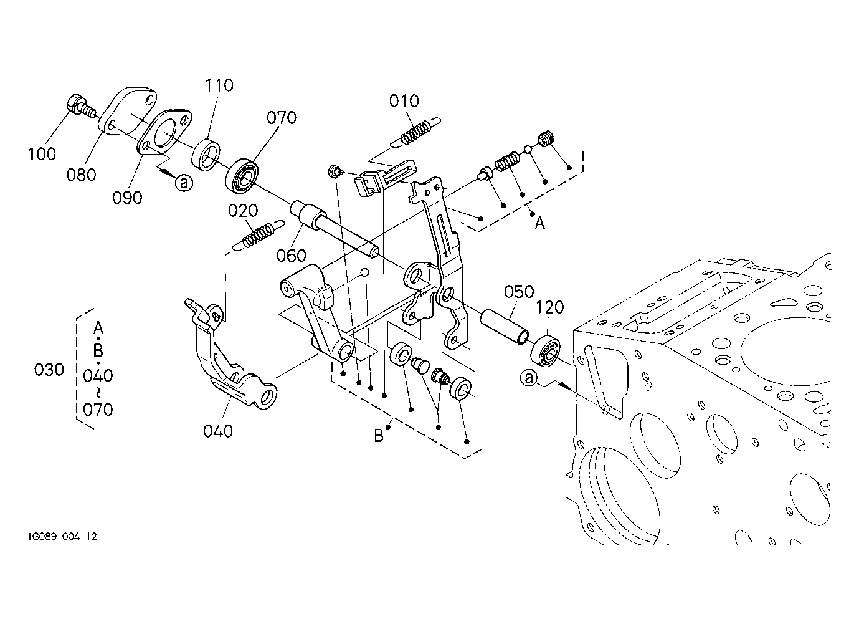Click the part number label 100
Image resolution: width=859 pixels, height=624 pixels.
[x=42, y=154]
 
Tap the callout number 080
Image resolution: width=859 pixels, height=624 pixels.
[x=81, y=175]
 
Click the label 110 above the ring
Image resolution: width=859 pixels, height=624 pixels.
[x=219, y=85]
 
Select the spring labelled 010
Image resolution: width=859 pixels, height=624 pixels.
[x=415, y=132]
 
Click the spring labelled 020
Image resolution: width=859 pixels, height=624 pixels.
[x=260, y=236]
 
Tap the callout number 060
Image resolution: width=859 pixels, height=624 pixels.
[x=292, y=256]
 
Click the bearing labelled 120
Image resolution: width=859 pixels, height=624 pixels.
[x=545, y=351]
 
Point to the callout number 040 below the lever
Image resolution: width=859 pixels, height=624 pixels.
[x=218, y=431]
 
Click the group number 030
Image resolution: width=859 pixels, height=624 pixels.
[x=49, y=370]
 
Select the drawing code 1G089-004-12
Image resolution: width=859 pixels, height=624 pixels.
[x=62, y=537]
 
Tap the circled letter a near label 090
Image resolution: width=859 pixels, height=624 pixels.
[x=184, y=183]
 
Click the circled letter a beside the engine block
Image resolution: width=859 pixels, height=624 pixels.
[x=529, y=378]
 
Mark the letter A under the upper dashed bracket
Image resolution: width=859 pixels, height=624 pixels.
[x=540, y=223]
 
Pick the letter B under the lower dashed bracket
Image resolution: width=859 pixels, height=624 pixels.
[x=379, y=436]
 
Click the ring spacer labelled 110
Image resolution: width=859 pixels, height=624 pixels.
[x=206, y=154]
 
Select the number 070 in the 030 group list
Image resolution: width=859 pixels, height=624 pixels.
[x=98, y=410]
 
